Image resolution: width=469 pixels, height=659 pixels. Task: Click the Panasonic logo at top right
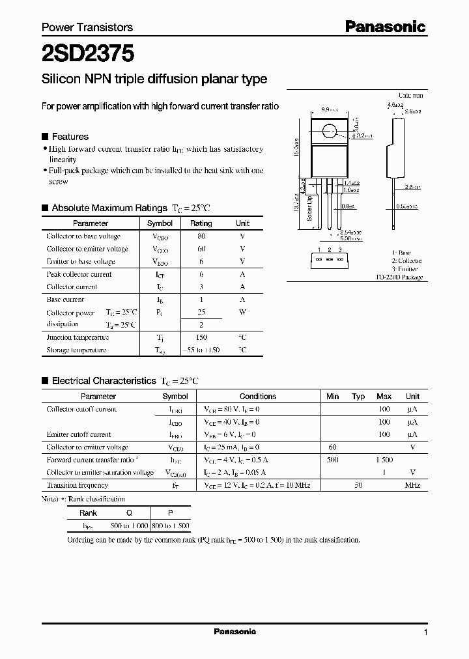(x=385, y=26)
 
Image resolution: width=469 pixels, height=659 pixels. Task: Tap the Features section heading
(x=70, y=137)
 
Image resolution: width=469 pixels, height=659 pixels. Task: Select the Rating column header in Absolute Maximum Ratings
(x=201, y=223)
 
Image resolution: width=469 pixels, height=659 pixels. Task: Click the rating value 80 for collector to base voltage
(x=201, y=236)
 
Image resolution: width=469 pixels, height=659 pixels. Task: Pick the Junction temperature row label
(x=78, y=337)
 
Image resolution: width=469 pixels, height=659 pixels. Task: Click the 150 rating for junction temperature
(x=201, y=337)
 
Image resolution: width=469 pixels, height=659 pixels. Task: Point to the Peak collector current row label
(x=79, y=274)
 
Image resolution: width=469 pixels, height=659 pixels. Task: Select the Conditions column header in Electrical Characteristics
(x=258, y=396)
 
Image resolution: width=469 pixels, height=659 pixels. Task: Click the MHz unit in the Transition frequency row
(x=412, y=485)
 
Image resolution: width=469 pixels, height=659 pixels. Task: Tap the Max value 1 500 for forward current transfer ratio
(x=384, y=460)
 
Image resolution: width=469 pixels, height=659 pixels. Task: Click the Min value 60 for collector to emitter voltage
(x=332, y=447)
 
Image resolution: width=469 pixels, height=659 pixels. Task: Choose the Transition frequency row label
(x=78, y=485)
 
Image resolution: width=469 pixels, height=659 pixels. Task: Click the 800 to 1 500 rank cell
(x=170, y=526)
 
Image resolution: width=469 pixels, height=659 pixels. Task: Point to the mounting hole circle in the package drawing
(x=331, y=133)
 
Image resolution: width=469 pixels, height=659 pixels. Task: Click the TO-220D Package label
(x=399, y=277)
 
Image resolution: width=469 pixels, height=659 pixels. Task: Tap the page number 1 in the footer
(x=425, y=633)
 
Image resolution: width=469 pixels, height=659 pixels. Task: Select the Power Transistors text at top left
(x=87, y=27)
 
